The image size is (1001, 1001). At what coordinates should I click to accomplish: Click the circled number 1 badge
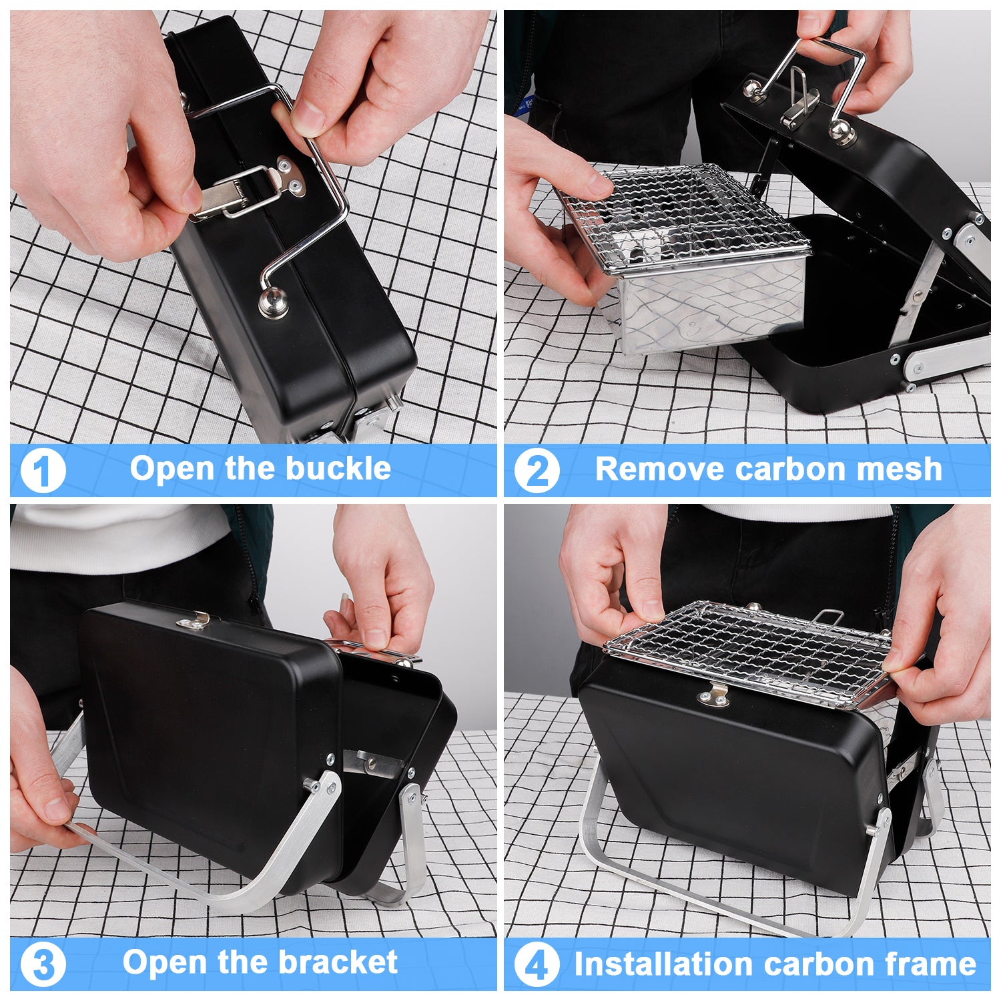[43, 470]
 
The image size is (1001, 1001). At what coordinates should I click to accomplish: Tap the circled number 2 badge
[537, 470]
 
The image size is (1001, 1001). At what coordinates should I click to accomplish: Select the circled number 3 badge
[43, 964]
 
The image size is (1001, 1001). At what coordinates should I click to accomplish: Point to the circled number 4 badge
[537, 964]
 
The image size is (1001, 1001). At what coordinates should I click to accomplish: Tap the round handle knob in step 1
[274, 304]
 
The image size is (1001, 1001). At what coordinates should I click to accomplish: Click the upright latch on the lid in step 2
[801, 100]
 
